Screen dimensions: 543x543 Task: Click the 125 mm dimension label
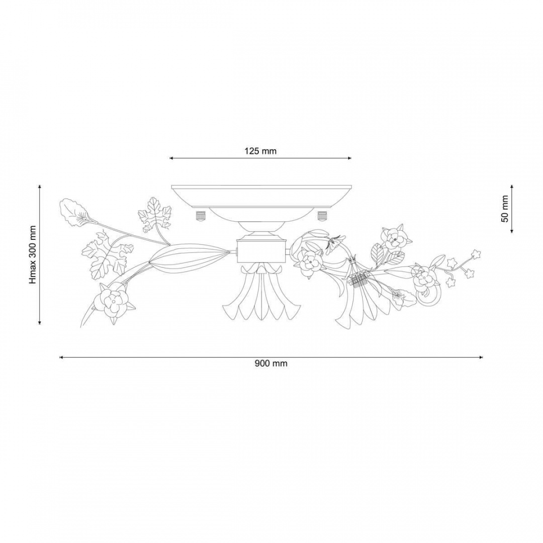(x=260, y=151)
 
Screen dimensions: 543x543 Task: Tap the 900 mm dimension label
(x=271, y=364)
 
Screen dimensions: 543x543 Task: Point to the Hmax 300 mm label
(x=33, y=254)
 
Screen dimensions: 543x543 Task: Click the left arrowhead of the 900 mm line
(x=62, y=357)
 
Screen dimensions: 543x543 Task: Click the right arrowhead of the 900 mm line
(x=481, y=357)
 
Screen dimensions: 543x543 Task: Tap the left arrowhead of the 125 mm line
(x=171, y=158)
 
